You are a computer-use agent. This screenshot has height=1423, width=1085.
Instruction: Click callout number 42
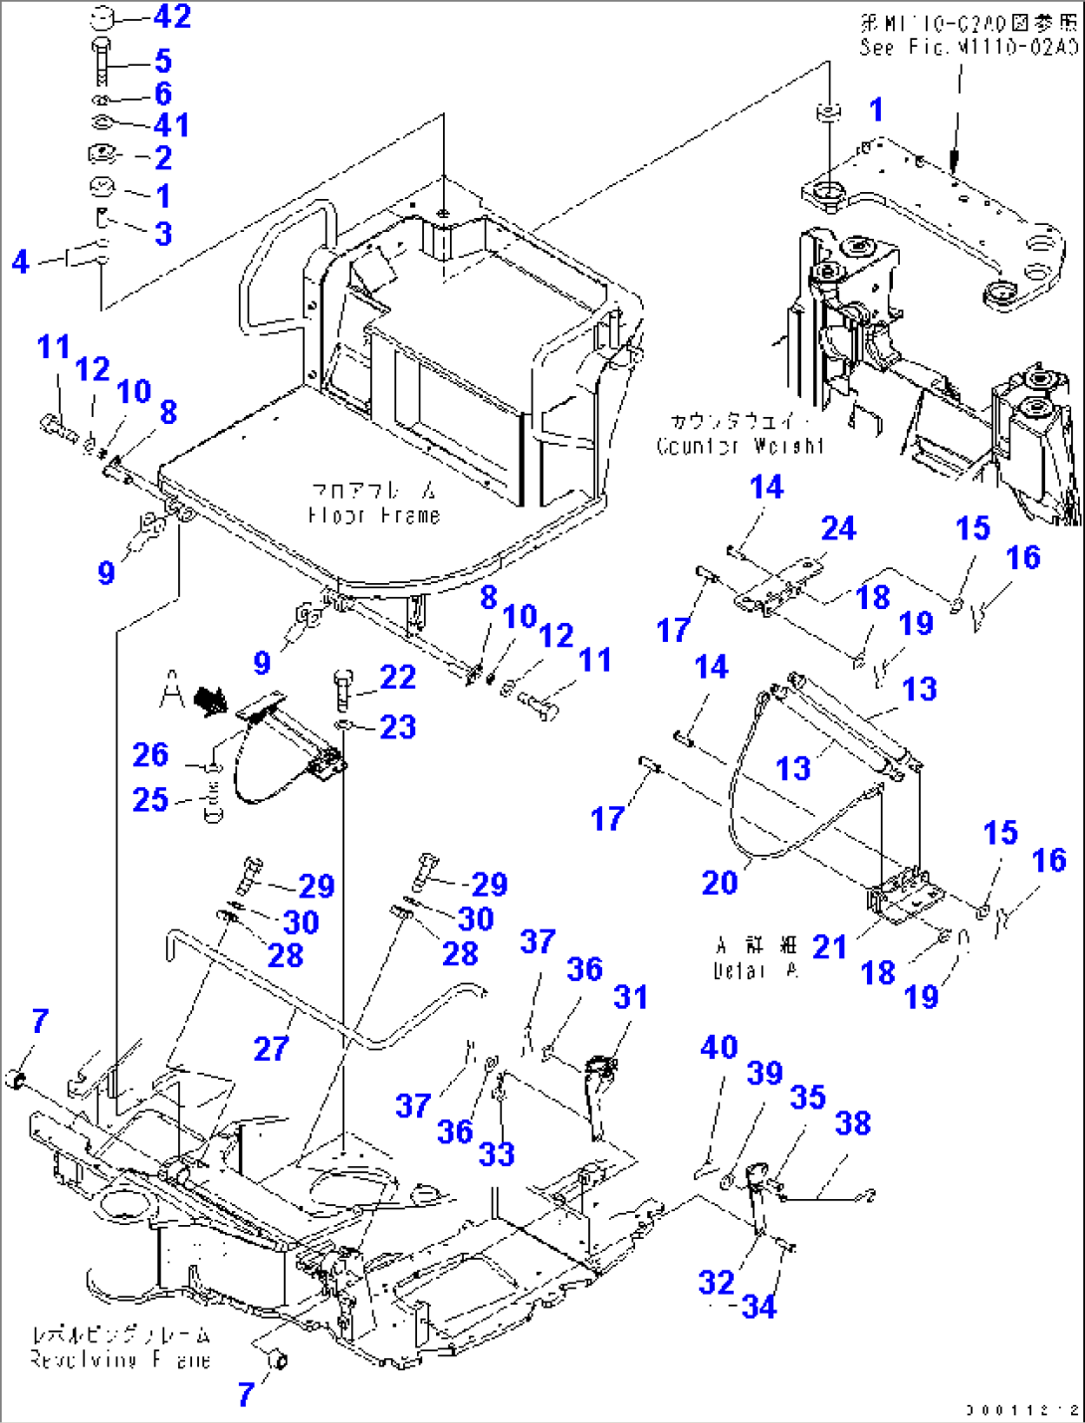[172, 17]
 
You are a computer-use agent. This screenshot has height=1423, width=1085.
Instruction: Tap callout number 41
[171, 125]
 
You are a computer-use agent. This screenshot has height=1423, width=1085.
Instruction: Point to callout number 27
[271, 1048]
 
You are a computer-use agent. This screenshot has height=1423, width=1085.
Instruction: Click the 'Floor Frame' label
[373, 504]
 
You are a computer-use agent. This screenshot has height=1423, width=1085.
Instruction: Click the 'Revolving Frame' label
[120, 1347]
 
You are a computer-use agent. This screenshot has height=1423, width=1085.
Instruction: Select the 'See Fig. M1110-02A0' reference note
[968, 35]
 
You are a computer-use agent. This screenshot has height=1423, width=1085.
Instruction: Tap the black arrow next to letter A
[210, 701]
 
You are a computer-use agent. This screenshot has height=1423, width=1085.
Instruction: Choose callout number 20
[720, 883]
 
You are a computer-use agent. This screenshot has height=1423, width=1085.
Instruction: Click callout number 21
[829, 946]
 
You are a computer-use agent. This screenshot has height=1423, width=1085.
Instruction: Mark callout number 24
[838, 528]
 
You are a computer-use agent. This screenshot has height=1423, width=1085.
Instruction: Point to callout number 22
[397, 678]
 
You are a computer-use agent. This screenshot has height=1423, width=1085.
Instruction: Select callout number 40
[719, 1047]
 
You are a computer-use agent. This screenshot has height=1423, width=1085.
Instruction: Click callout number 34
[759, 1307]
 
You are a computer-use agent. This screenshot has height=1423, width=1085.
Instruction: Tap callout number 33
[496, 1154]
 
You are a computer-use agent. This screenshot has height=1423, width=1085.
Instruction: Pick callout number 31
[630, 997]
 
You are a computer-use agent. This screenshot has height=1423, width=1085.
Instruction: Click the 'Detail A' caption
[757, 957]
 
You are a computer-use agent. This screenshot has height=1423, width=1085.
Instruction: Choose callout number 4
[21, 262]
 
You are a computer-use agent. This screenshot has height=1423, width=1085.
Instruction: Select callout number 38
[853, 1123]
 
